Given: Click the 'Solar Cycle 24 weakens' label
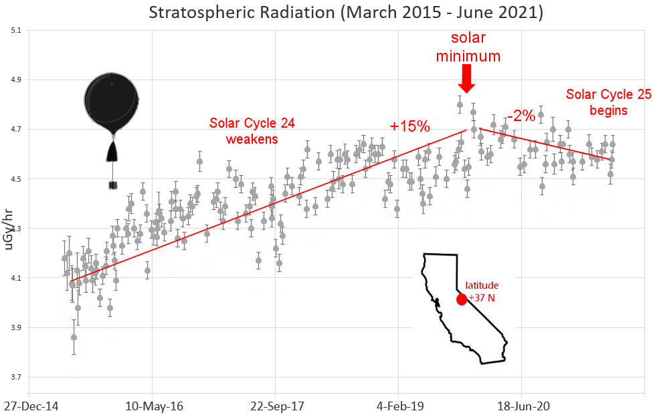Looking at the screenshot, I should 252,130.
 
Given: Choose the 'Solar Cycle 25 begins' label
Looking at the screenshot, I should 609,102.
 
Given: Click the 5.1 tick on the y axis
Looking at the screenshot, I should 16,31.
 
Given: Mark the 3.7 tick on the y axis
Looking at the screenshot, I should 16,378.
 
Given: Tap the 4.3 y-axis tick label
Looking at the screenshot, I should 16,229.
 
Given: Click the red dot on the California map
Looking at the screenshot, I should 461,299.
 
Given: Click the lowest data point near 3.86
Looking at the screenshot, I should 74,337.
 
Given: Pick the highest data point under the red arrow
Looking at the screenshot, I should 460,104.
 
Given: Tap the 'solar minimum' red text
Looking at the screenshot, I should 468,47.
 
